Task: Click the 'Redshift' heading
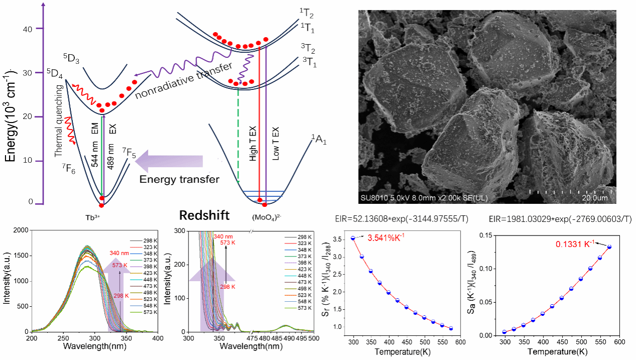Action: coord(204,215)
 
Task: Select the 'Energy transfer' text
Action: coord(179,179)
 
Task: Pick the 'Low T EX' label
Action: coord(275,143)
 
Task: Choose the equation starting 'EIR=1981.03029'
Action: coord(560,219)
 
